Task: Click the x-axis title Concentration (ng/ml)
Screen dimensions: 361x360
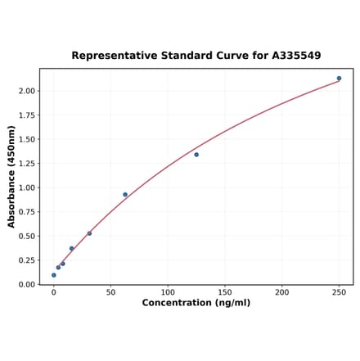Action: pyautogui.click(x=196, y=303)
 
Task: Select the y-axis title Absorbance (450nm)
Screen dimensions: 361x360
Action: pyautogui.click(x=11, y=177)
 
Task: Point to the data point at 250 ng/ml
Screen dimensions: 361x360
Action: pyautogui.click(x=339, y=79)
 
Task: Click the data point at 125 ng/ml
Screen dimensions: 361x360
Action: pyautogui.click(x=196, y=155)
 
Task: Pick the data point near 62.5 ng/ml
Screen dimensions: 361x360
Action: pyautogui.click(x=125, y=195)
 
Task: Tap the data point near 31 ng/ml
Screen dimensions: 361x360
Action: pyautogui.click(x=89, y=233)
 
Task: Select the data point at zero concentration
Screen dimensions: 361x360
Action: pyautogui.click(x=54, y=275)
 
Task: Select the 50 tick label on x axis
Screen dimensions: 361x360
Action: pyautogui.click(x=110, y=291)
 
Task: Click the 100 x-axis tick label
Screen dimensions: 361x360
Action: pyautogui.click(x=168, y=291)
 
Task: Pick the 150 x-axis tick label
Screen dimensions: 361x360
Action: pyautogui.click(x=225, y=291)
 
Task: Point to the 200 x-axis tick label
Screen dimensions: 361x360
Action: pyautogui.click(x=282, y=291)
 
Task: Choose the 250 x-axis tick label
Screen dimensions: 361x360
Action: pyautogui.click(x=339, y=291)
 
